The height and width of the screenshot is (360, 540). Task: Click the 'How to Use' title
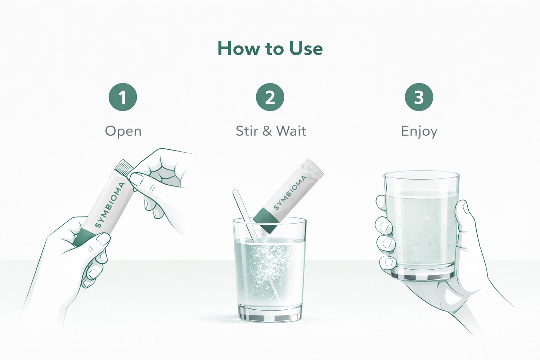click(x=270, y=49)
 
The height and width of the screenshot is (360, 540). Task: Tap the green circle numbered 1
click(x=123, y=97)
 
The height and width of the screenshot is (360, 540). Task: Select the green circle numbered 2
click(x=270, y=97)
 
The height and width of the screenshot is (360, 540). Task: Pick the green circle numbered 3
click(x=419, y=97)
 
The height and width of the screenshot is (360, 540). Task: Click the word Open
click(x=123, y=131)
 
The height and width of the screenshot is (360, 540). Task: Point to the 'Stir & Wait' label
click(x=271, y=131)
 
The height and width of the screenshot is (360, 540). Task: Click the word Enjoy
click(x=419, y=132)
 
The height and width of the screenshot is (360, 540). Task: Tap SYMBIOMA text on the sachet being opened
click(x=110, y=205)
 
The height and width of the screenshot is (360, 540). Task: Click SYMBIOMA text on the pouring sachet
click(x=290, y=193)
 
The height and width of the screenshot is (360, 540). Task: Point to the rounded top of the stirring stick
click(x=235, y=193)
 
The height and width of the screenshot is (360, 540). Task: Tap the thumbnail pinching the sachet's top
click(x=137, y=180)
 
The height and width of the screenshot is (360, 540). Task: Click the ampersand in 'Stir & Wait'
click(x=267, y=131)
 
